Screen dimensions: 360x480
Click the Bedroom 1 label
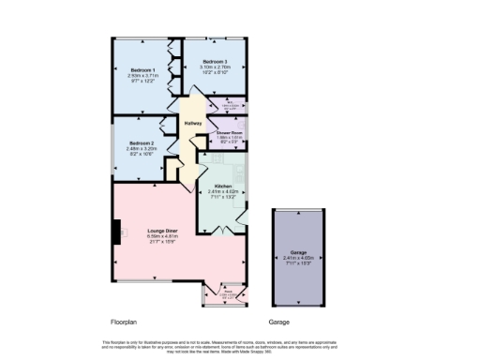point(142,70)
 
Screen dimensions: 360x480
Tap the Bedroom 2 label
point(142,142)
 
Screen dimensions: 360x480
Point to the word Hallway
point(193,123)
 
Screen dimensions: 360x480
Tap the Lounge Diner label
point(156,229)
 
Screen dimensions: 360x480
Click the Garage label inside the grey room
point(297,251)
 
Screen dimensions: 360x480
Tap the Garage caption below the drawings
point(278,321)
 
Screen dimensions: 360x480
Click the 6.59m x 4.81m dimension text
point(156,235)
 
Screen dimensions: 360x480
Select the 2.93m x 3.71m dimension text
point(142,77)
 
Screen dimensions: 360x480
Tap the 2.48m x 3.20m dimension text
point(142,148)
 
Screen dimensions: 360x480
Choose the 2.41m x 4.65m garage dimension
point(297,257)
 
